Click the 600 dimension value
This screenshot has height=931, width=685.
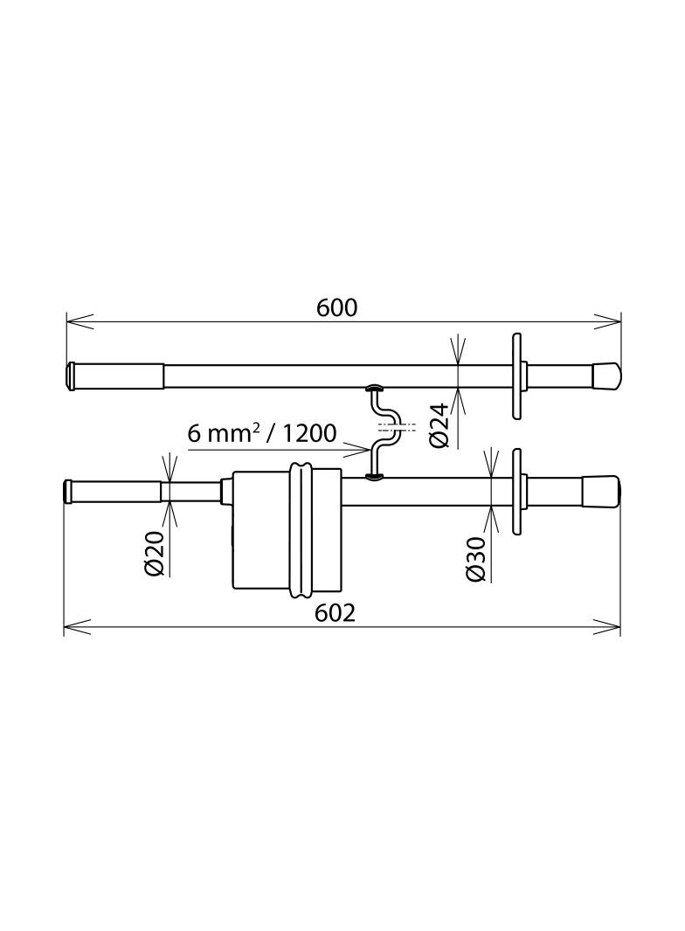(x=336, y=307)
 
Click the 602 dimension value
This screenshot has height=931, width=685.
(x=336, y=613)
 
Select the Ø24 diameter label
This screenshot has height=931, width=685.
(x=439, y=424)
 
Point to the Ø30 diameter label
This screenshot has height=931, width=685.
(x=476, y=560)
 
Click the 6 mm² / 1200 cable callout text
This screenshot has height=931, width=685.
(x=261, y=432)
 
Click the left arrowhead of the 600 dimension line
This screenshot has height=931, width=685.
(x=79, y=321)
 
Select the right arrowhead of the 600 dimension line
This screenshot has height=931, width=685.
(x=609, y=321)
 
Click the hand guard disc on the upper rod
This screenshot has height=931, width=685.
(x=517, y=376)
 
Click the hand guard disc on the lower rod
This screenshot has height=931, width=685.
(x=517, y=491)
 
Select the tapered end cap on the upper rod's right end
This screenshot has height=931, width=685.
(x=605, y=376)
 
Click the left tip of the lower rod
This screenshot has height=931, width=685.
(x=68, y=491)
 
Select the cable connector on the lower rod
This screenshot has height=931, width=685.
(x=373, y=476)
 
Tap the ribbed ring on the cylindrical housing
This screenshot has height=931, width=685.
(x=302, y=532)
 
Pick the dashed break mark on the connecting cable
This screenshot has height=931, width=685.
(x=390, y=428)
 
